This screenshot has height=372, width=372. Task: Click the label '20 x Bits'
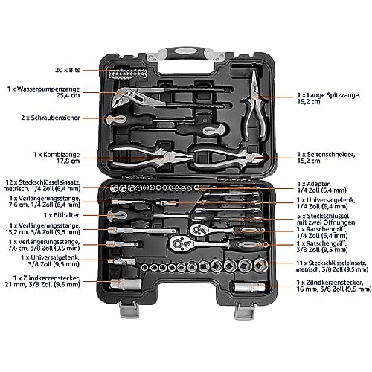[x=68, y=70]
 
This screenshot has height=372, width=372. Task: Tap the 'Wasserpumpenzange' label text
[x=48, y=89]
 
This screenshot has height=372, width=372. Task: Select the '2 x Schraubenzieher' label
[x=51, y=118]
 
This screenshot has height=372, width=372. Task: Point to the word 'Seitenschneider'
[x=331, y=155]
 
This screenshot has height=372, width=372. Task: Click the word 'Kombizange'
[x=62, y=155]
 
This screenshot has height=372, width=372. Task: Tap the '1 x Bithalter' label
[x=62, y=215]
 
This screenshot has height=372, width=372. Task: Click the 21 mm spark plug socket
[x=126, y=284]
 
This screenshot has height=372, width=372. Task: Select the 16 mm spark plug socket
[x=250, y=287]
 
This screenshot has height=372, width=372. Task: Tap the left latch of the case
[x=129, y=310]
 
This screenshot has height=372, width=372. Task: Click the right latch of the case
[x=244, y=311]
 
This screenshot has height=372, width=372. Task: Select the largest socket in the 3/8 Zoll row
[x=260, y=265]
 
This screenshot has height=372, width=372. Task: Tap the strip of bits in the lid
[x=127, y=73]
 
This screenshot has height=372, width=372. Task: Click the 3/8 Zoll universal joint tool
[x=121, y=261]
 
